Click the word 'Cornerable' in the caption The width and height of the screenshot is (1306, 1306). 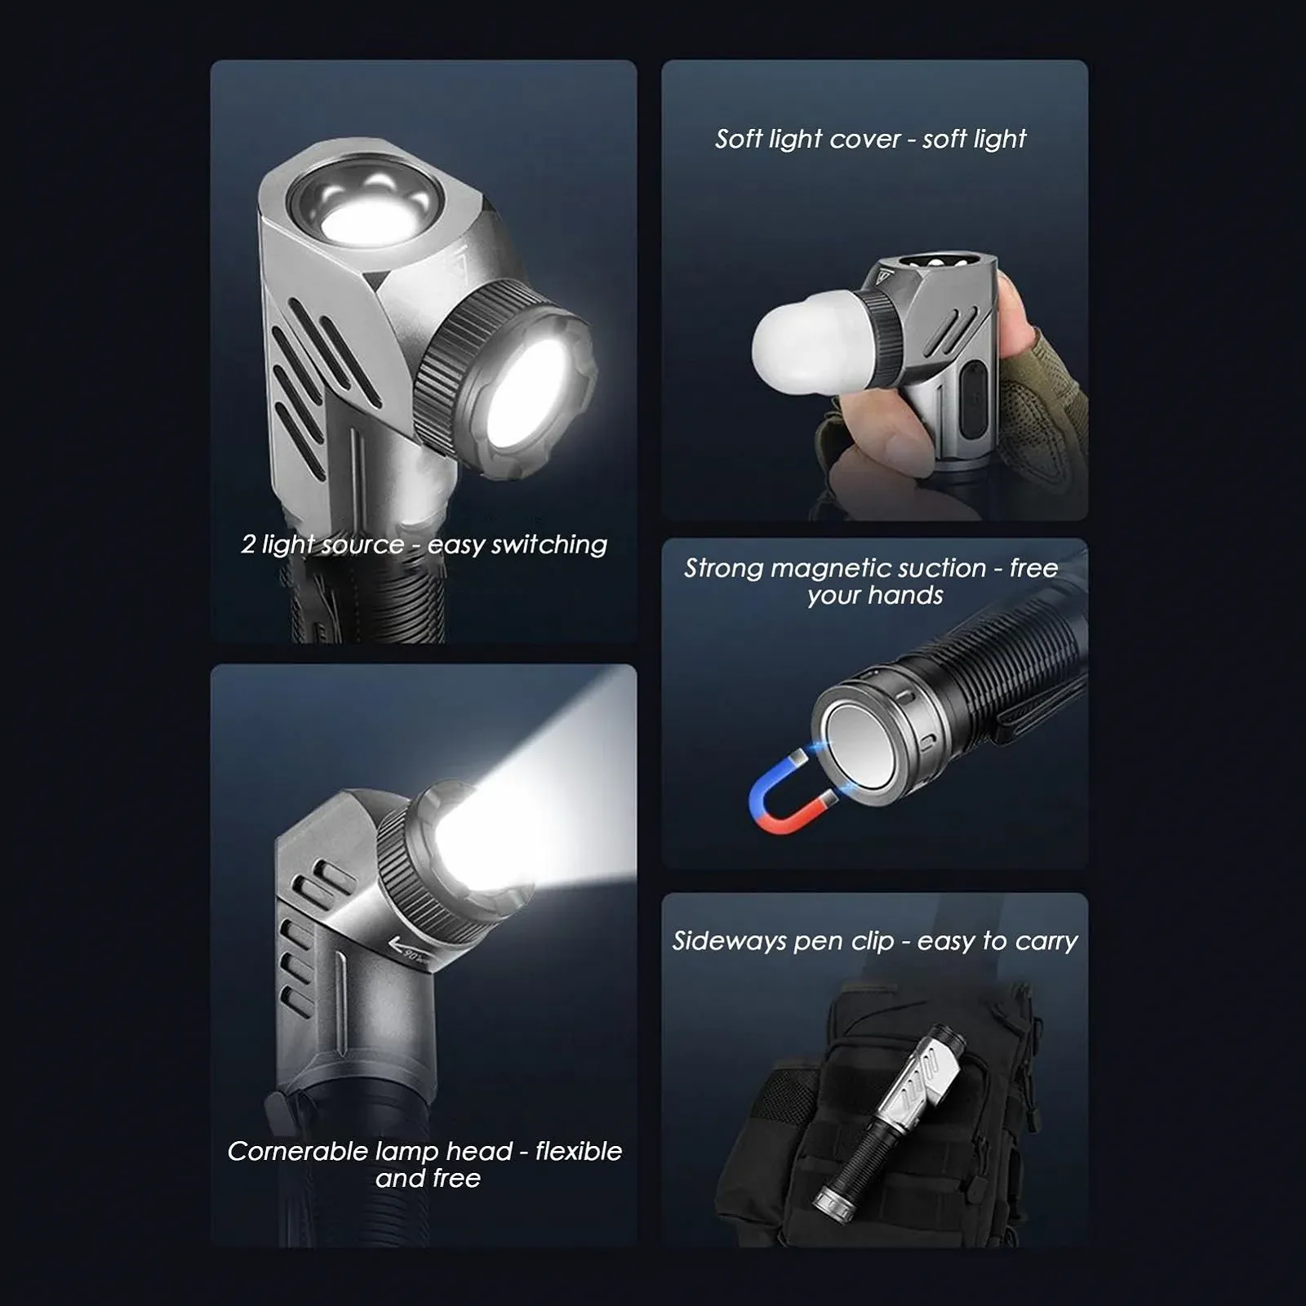click(x=298, y=1151)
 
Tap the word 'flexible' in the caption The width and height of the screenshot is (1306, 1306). click(x=579, y=1151)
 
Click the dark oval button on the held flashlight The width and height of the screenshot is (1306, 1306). click(x=971, y=402)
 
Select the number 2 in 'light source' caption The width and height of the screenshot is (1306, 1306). click(x=248, y=544)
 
